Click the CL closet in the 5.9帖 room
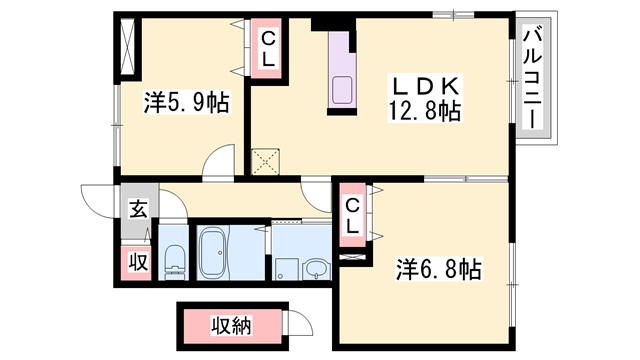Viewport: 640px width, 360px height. coord(268,48)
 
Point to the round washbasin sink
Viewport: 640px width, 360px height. coord(317,268)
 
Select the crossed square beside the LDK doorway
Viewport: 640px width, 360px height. coord(266,160)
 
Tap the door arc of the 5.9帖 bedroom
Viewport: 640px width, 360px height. coord(219,163)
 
